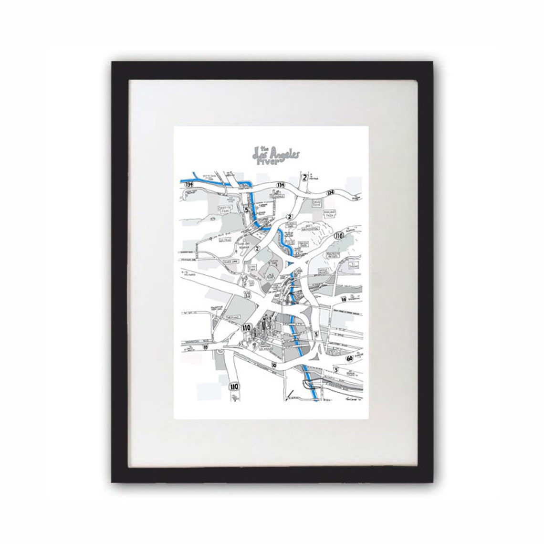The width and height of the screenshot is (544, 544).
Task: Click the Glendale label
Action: [276, 196]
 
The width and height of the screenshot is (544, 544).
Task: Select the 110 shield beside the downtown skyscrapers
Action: [247, 328]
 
